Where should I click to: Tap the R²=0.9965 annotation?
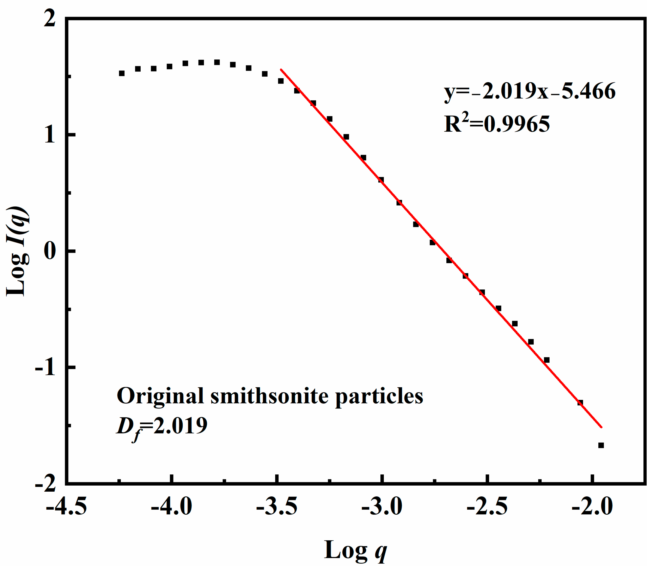click(x=497, y=124)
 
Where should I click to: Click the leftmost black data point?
click(x=121, y=73)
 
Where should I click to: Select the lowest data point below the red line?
click(x=601, y=445)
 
